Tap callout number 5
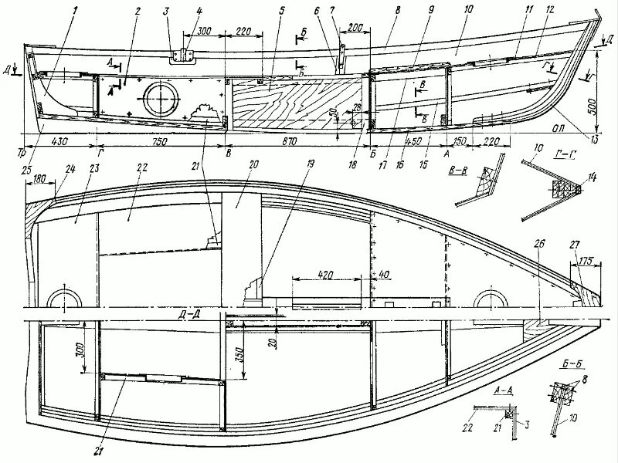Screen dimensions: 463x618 (261, 11)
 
